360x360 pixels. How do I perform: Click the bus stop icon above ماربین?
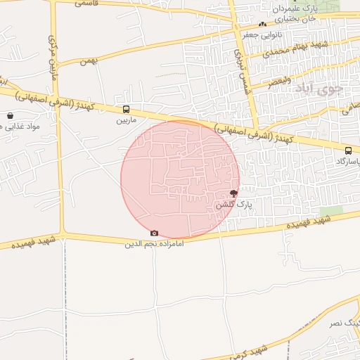coord(126,109)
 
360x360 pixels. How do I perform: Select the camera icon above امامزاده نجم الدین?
coord(154,233)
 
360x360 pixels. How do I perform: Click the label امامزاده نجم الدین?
coord(154,244)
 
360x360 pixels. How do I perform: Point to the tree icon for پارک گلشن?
coord(233,193)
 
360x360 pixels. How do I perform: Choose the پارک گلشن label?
coord(233,204)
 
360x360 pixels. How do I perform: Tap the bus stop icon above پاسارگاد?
coord(348,150)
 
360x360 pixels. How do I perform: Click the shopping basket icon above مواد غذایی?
coord(10,115)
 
